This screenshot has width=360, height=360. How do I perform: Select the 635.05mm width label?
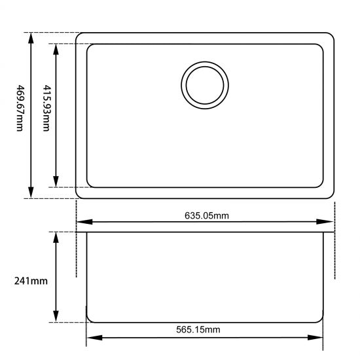(x=206, y=215)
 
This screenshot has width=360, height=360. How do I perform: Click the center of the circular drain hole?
(x=206, y=86)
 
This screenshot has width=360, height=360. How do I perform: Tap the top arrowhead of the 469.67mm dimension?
(x=31, y=38)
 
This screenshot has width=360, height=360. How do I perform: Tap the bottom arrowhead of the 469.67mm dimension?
(x=31, y=192)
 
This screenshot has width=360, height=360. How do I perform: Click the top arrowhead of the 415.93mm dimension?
(x=56, y=49)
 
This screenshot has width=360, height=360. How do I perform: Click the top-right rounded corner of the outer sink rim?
(x=331, y=37)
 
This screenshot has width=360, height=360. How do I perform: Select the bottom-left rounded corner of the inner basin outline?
(x=91, y=184)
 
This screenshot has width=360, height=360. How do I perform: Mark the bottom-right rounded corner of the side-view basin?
(x=321, y=319)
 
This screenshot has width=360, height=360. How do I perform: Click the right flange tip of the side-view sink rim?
(x=333, y=232)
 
